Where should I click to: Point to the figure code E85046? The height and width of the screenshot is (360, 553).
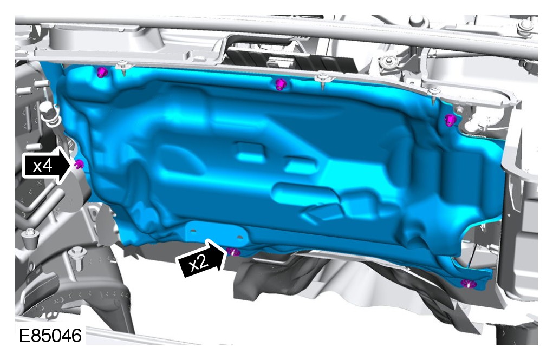50,335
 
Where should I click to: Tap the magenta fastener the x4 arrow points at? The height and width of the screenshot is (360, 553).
80,164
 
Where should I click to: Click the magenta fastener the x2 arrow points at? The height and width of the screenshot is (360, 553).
233,252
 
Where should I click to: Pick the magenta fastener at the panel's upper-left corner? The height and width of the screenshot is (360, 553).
102,73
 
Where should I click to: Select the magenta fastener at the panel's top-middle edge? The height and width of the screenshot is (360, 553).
281,84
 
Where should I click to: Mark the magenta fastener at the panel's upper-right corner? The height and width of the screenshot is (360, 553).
450,120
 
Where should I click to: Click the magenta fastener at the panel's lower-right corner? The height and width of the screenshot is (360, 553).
469,283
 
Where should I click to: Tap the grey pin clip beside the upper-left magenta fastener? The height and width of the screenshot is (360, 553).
123,67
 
